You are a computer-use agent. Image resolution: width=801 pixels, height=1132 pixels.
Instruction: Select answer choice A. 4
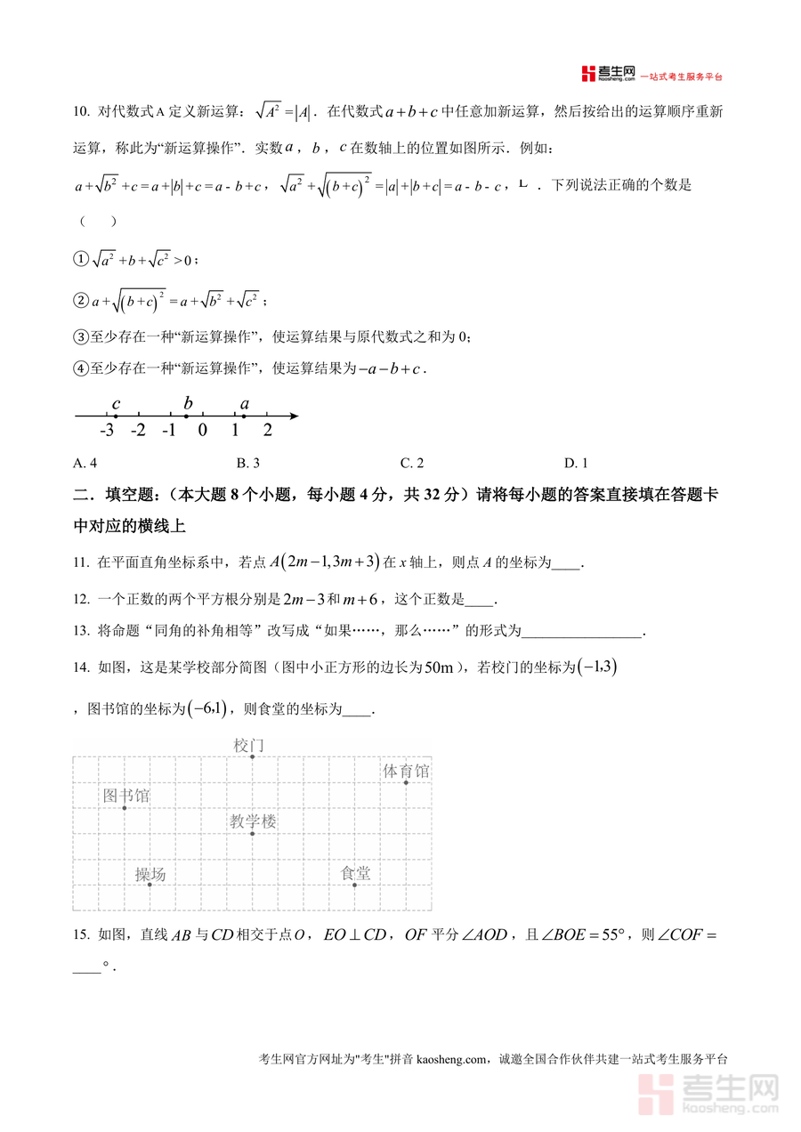(x=85, y=463)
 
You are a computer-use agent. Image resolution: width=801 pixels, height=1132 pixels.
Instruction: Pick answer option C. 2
(x=411, y=463)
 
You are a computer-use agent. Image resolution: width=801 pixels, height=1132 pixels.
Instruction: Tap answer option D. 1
(x=576, y=463)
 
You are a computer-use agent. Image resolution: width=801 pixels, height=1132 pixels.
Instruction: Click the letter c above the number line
(x=116, y=404)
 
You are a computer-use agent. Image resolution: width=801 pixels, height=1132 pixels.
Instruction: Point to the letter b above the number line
(x=188, y=403)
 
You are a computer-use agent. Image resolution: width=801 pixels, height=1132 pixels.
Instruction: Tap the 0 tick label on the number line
(x=203, y=431)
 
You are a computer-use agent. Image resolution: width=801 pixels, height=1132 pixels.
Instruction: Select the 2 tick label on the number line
(x=267, y=431)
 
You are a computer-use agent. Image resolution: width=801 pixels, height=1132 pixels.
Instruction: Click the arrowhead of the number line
(x=294, y=416)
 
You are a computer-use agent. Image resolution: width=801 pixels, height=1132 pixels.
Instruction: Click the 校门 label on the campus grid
(x=249, y=745)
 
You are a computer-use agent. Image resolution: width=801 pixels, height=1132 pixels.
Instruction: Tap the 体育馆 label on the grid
(x=406, y=771)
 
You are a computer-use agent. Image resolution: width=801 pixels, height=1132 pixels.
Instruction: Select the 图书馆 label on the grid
(x=125, y=795)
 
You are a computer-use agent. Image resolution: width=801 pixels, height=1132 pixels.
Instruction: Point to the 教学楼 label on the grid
(x=253, y=821)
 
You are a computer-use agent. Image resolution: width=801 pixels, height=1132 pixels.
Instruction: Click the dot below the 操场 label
(x=150, y=885)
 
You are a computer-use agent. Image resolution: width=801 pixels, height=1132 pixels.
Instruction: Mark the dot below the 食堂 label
(x=355, y=885)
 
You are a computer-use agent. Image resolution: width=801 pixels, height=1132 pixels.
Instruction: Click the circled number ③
(x=78, y=336)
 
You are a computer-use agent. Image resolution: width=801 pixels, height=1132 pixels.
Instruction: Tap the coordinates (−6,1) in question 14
(x=208, y=709)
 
